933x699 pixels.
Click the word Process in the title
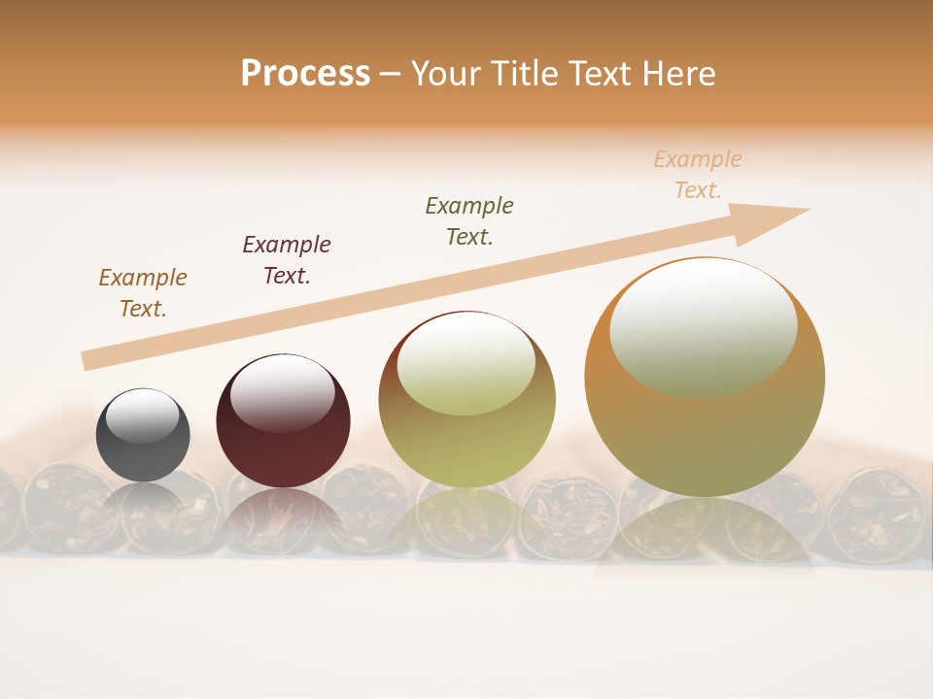[305, 74]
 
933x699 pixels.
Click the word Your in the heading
[443, 74]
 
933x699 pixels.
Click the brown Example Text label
[143, 293]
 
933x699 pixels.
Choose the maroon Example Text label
[287, 260]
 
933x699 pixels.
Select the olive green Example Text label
[469, 220]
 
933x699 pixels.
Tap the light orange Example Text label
[698, 175]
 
